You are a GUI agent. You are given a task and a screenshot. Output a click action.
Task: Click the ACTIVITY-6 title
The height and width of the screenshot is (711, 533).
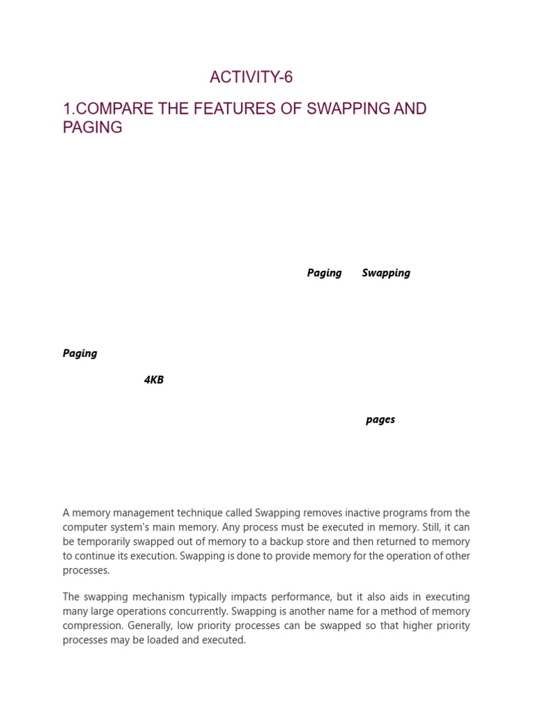tap(251, 77)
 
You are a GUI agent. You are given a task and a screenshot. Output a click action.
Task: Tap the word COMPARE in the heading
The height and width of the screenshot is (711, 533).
tap(111, 109)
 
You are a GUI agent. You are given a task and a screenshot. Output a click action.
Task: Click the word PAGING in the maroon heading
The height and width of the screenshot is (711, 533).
tap(92, 128)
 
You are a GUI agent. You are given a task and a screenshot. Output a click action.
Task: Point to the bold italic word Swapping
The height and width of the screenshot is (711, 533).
tap(386, 273)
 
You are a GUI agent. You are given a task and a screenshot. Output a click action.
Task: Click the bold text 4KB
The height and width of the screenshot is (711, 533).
tap(153, 380)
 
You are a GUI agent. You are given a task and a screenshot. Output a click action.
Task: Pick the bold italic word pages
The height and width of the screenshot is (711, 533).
tap(380, 419)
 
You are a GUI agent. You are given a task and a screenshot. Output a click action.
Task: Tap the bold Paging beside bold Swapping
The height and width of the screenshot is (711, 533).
tap(324, 273)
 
